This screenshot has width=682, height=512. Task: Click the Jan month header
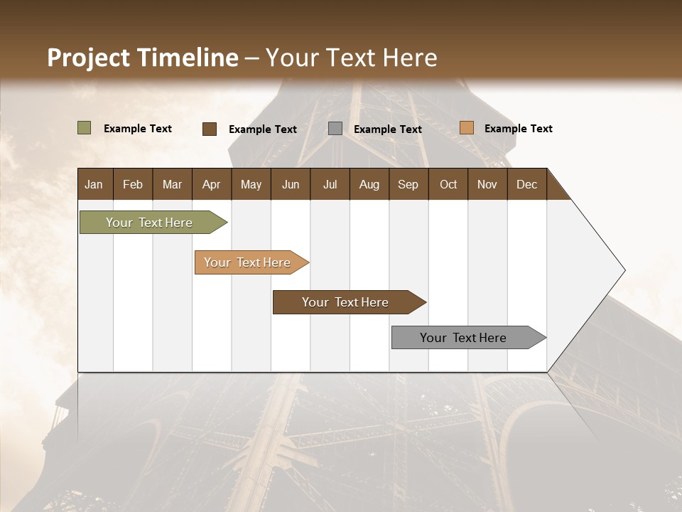pyautogui.click(x=94, y=184)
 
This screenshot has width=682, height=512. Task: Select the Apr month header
pyautogui.click(x=211, y=184)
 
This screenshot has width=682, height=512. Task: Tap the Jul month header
pyautogui.click(x=330, y=184)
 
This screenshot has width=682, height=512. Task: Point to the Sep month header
pyautogui.click(x=408, y=184)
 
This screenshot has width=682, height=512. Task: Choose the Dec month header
pyautogui.click(x=526, y=184)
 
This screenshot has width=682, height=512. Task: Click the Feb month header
pyautogui.click(x=133, y=184)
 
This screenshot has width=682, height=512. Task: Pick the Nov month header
pyautogui.click(x=487, y=184)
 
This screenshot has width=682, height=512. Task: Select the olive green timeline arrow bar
pyautogui.click(x=149, y=223)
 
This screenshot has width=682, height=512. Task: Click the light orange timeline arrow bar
pyautogui.click(x=247, y=262)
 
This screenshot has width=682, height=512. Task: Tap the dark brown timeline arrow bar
pyautogui.click(x=345, y=302)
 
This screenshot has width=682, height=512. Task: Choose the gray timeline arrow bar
pyautogui.click(x=463, y=338)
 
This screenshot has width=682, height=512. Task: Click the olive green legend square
pyautogui.click(x=85, y=128)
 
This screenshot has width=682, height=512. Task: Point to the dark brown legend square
pyautogui.click(x=210, y=129)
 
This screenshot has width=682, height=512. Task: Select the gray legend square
pyautogui.click(x=335, y=129)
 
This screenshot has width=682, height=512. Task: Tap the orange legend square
pyautogui.click(x=466, y=128)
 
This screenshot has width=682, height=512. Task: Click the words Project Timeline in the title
pyautogui.click(x=142, y=58)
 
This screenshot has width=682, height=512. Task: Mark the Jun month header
pyautogui.click(x=290, y=184)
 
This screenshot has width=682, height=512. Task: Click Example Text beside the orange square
pyautogui.click(x=518, y=129)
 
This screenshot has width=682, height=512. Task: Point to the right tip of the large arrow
pyautogui.click(x=623, y=270)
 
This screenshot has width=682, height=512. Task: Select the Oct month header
pyautogui.click(x=448, y=184)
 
